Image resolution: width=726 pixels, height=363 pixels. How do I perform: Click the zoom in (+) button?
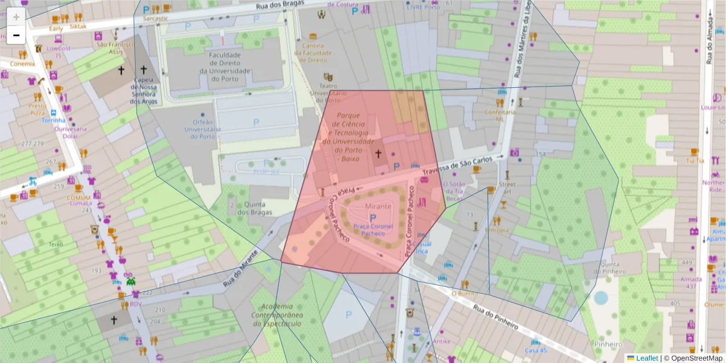tap(16, 17)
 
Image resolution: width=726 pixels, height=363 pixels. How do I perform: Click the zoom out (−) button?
tap(16, 36)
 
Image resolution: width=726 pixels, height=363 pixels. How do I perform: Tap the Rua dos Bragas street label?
tap(279, 6)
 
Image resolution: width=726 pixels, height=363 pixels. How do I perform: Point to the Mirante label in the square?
tap(379, 207)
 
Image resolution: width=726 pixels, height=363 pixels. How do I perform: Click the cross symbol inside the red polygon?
tap(379, 154)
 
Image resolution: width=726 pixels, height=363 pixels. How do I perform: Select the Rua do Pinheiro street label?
tap(496, 316)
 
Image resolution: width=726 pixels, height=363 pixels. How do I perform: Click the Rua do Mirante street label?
tap(241, 273)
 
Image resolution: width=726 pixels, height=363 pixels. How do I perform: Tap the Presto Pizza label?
tap(38, 109)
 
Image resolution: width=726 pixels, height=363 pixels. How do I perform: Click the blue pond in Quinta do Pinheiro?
tap(600, 298)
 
